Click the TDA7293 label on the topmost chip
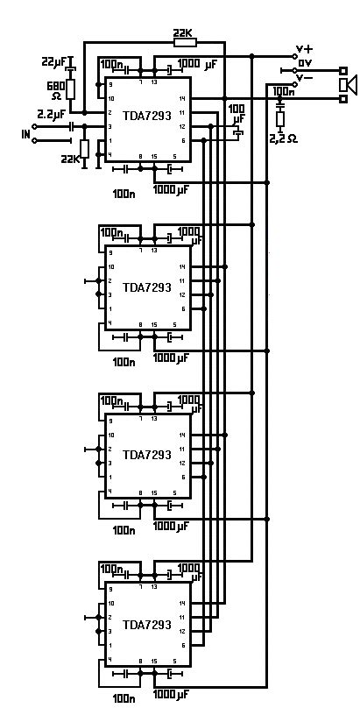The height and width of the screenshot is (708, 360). pos(147,117)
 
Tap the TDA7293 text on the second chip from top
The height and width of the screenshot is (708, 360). pos(147,287)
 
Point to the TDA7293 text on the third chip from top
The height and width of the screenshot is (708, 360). pos(147,455)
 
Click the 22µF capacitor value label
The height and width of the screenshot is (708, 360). pos(54,61)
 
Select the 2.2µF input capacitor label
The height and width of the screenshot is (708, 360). pos(51,114)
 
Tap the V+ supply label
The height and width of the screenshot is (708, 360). pos(305,49)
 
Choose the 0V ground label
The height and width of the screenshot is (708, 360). pos(305,63)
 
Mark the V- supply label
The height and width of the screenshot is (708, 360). pos(305,77)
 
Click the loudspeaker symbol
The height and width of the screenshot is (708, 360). pos(348,84)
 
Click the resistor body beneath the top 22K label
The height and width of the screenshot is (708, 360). pos(184,41)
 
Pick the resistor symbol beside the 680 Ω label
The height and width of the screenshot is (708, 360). pos(72,88)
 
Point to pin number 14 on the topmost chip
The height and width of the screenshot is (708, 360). pos(182,97)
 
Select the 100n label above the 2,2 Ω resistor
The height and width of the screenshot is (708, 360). pos(283,91)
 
